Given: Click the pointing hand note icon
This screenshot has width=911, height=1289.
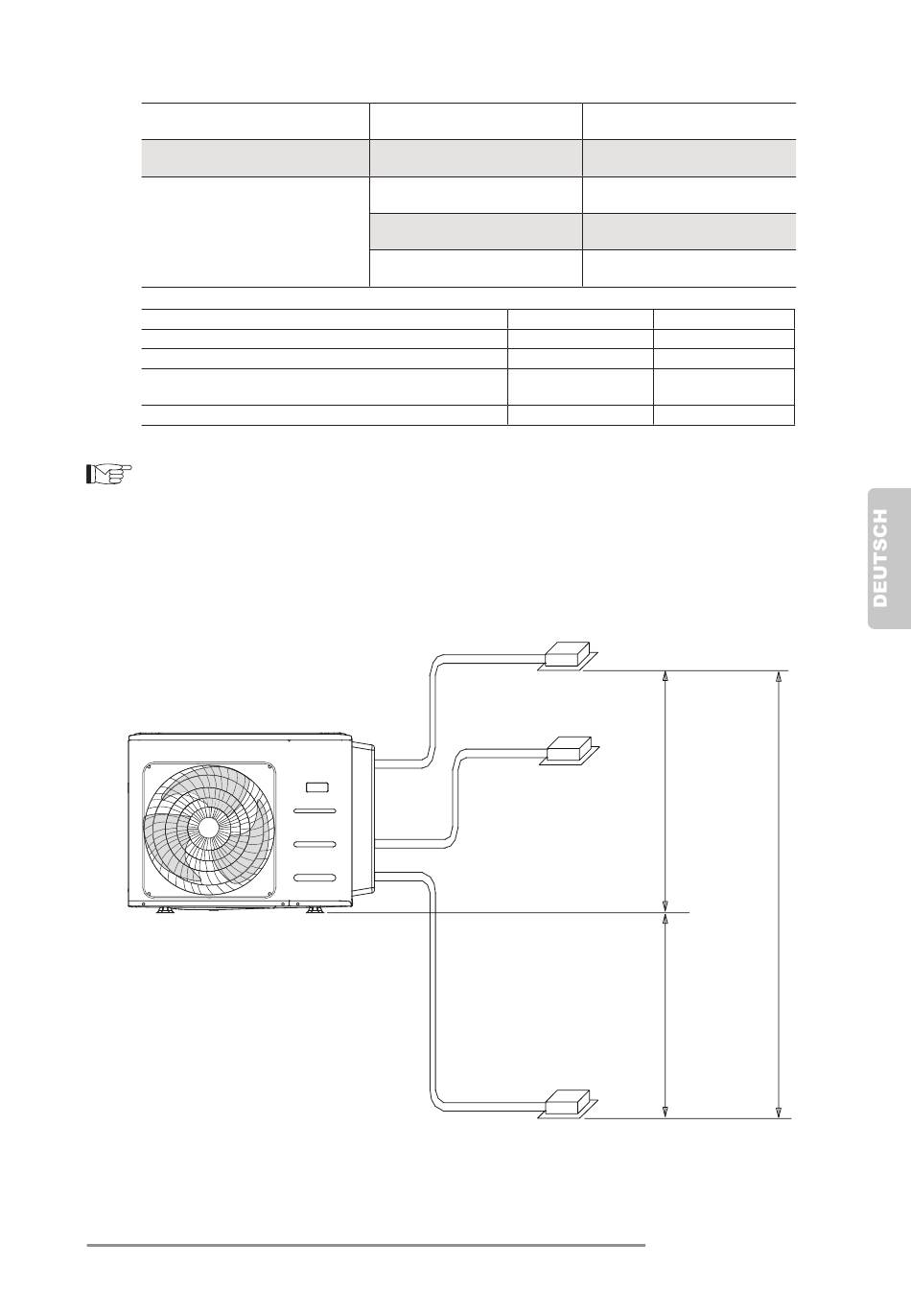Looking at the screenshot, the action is pyautogui.click(x=108, y=474).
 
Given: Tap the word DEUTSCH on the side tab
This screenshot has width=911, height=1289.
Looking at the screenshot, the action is pyautogui.click(x=880, y=557).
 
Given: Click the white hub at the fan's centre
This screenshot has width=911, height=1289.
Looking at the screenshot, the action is pyautogui.click(x=208, y=828).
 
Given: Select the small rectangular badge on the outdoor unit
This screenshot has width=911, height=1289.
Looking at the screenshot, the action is pyautogui.click(x=317, y=786).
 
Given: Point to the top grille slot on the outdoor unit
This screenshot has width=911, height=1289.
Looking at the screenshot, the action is pyautogui.click(x=315, y=810).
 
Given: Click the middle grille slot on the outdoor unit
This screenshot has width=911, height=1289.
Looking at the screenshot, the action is pyautogui.click(x=315, y=844).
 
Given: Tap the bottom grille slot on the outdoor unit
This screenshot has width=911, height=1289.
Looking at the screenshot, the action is pyautogui.click(x=315, y=878).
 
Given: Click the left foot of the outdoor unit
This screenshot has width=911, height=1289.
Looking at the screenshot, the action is pyautogui.click(x=164, y=910).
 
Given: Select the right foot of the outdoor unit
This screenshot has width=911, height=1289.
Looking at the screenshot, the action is pyautogui.click(x=315, y=910).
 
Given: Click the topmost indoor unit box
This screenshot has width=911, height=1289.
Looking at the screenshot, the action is pyautogui.click(x=568, y=654).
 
